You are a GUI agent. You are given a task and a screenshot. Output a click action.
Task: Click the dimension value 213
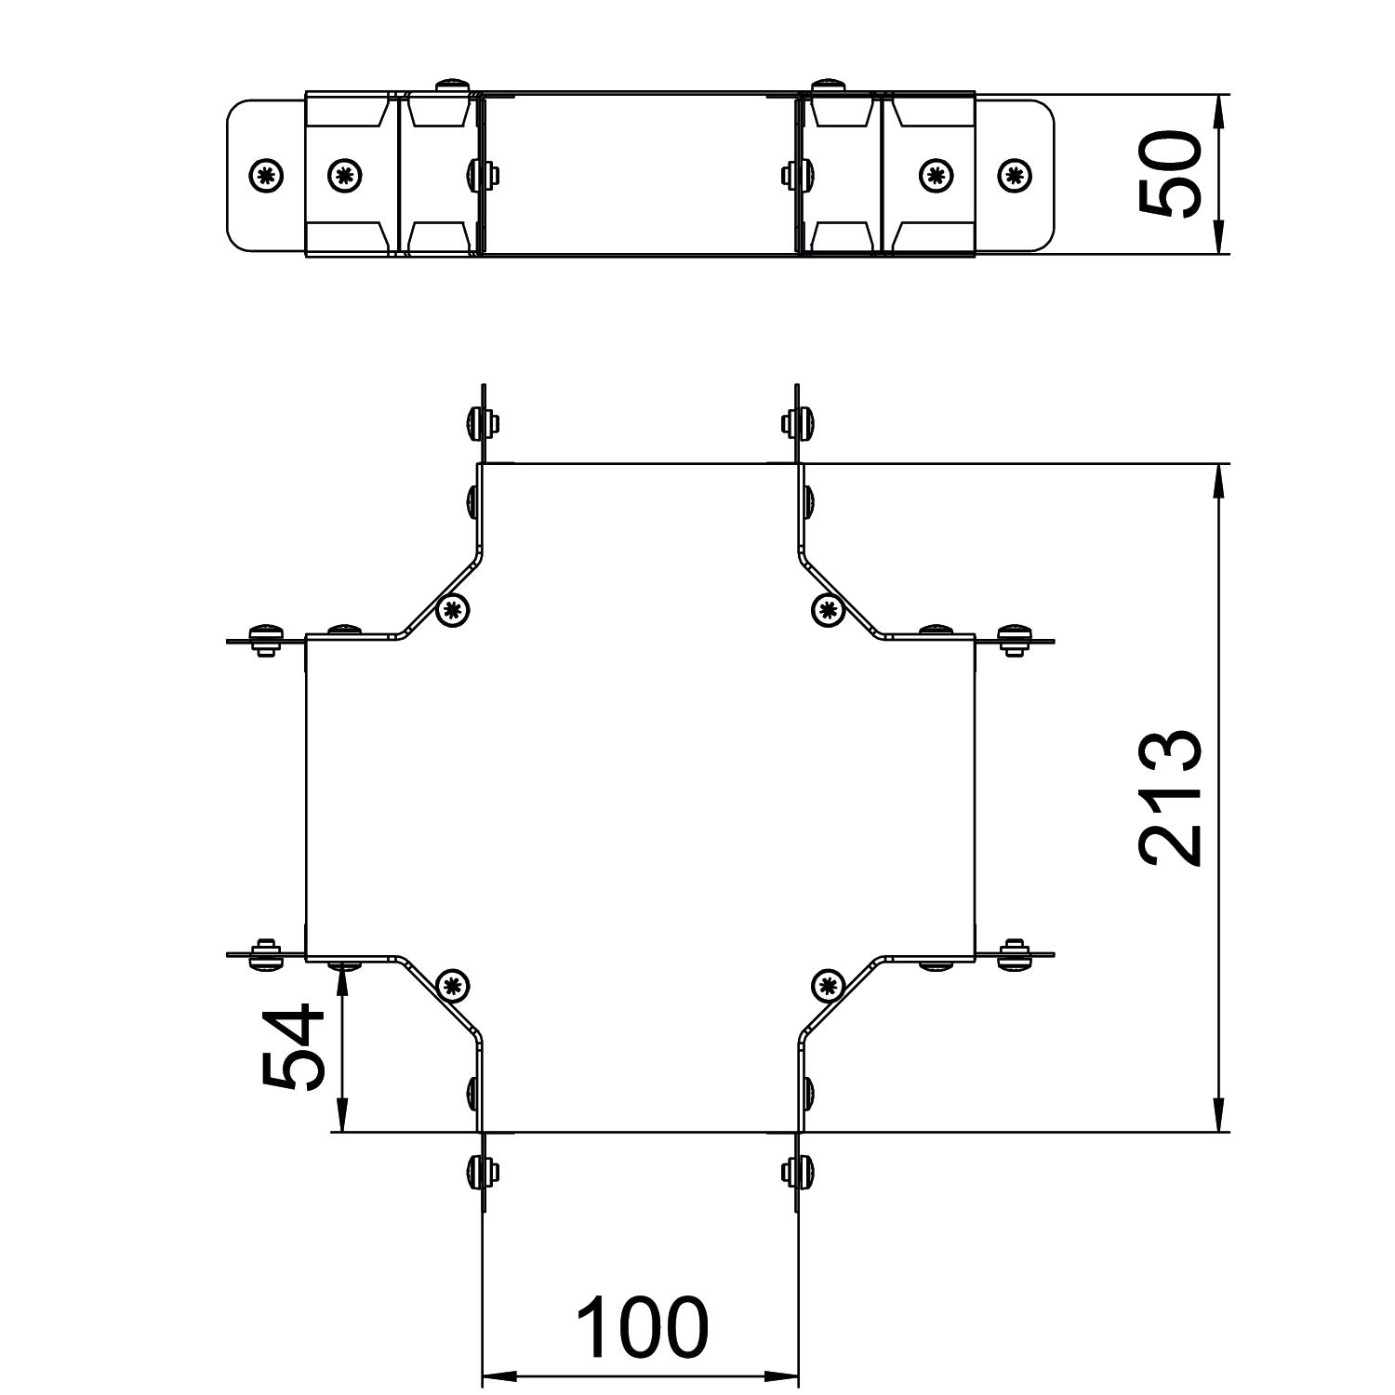[x=1170, y=798]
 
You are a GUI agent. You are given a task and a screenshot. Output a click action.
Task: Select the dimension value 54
[x=293, y=1046]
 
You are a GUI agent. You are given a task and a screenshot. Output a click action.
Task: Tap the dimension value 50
[x=1170, y=175]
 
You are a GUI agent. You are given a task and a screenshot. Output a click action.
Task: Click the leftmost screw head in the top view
[x=267, y=175]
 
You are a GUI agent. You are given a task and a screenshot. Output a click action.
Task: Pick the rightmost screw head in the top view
[x=1015, y=175]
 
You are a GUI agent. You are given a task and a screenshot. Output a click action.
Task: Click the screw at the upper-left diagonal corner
[x=453, y=611]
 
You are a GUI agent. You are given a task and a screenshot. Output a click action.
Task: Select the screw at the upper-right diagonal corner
[x=827, y=610]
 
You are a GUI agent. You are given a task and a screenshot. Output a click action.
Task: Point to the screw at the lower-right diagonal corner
[x=827, y=985]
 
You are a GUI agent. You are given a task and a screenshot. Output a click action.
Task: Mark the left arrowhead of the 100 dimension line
[x=498, y=1376]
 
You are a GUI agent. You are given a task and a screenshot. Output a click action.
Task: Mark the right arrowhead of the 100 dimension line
[x=783, y=1376]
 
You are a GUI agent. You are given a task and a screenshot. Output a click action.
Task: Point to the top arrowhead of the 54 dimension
[x=342, y=977]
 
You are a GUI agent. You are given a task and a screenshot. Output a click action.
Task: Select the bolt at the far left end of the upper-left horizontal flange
[x=266, y=640]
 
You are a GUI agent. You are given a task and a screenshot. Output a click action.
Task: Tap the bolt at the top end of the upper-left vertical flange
[x=481, y=423]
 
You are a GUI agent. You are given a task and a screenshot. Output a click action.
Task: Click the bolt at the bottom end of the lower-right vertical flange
[x=800, y=1172]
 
